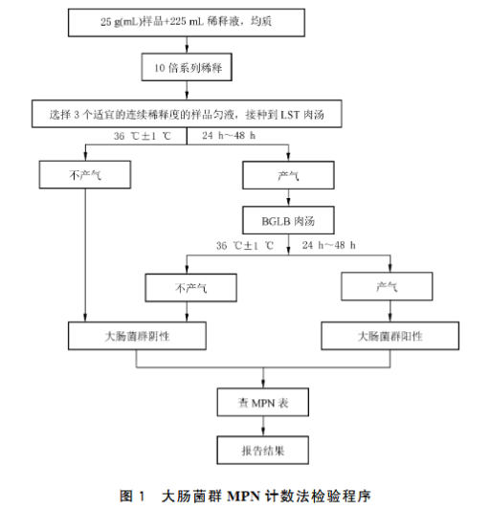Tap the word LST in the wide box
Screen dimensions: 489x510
[290, 115]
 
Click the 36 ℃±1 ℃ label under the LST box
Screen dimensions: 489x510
[143, 136]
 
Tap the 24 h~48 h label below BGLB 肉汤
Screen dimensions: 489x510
[328, 245]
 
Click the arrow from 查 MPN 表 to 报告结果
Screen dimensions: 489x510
[263, 426]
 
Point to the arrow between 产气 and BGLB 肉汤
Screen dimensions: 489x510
[288, 197]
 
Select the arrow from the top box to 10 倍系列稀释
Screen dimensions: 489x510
[187, 45]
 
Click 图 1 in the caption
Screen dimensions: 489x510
[132, 496]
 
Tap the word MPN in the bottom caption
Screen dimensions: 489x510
[244, 497]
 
